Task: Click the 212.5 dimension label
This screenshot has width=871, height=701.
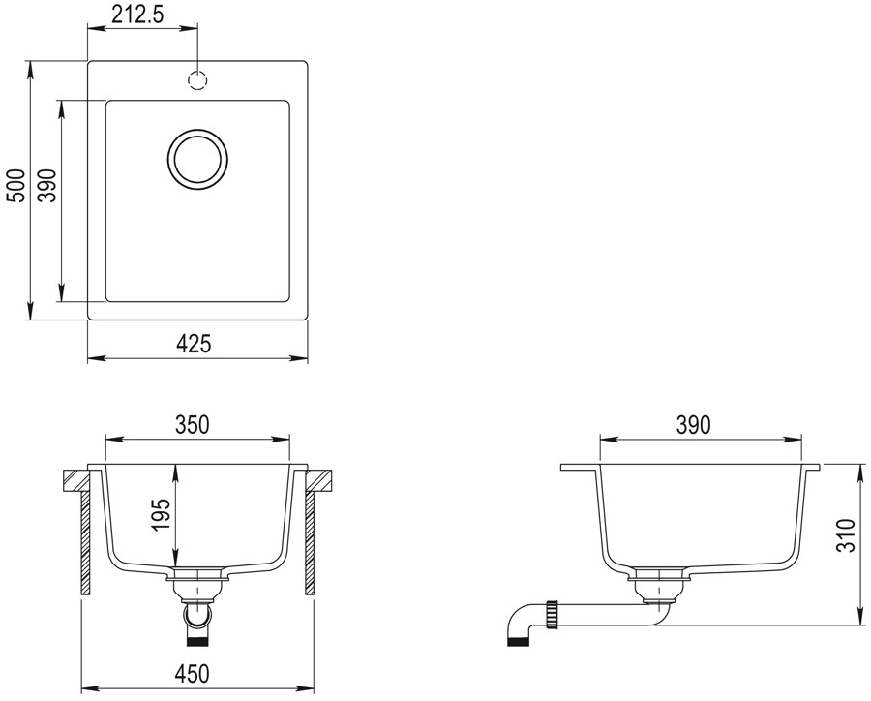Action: [x=137, y=15]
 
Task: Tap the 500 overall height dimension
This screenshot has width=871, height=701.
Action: [x=18, y=186]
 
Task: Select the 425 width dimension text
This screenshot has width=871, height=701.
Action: [x=194, y=344]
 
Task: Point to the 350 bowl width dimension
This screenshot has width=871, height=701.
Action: [x=193, y=425]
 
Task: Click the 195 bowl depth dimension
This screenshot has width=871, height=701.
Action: [x=162, y=514]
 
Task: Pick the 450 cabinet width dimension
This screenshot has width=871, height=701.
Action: [x=193, y=674]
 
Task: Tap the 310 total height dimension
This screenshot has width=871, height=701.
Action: [x=845, y=534]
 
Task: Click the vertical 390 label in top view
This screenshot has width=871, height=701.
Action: [x=49, y=186]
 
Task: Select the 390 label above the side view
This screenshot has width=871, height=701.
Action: [x=693, y=425]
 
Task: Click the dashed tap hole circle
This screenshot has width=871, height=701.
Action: [x=197, y=80]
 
